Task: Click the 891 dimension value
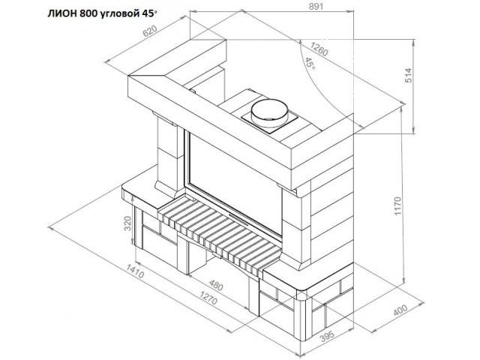point(316,7)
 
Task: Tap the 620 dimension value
point(150,31)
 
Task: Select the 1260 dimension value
point(319,49)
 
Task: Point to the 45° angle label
point(310,63)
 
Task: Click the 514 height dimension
point(409,75)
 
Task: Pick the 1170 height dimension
point(397,206)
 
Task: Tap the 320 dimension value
point(127,223)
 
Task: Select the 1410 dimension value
point(135,271)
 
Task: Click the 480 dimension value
point(215,285)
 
